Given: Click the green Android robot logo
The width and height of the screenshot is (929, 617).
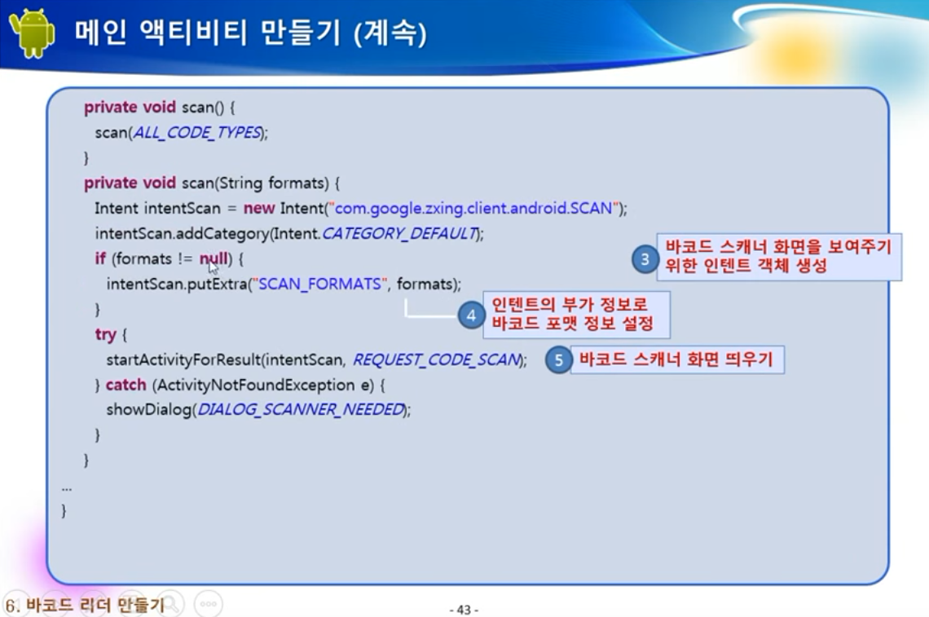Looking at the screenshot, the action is pos(33,33).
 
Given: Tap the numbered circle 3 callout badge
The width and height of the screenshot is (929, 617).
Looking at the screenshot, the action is pos(645,259).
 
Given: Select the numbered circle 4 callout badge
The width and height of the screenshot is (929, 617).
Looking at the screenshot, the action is pos(472,315).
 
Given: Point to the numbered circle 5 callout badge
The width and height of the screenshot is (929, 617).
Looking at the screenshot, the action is pos(558,359).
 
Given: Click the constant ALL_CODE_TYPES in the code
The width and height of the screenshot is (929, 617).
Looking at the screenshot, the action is pos(197,132).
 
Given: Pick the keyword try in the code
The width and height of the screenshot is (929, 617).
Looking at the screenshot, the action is pos(105,335).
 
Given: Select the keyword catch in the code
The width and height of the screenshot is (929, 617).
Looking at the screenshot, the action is pos(125,385).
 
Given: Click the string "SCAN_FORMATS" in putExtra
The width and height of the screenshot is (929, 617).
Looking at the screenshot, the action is pos(320,284).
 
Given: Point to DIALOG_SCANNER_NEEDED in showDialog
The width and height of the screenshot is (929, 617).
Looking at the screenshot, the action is pos(301,409).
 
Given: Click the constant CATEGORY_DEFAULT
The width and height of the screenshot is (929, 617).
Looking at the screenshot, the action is pos(400,234).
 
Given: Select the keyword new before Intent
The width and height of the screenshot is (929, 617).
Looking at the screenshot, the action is pos(259,209).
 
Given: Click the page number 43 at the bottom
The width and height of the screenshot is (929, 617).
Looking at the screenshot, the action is pos(464,610).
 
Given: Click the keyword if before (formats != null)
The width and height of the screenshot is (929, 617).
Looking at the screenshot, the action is pos(100,258).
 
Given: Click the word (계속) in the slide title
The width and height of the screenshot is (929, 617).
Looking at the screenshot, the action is pos(390,33).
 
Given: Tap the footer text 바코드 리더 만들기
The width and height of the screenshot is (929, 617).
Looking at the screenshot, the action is pos(95,605).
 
